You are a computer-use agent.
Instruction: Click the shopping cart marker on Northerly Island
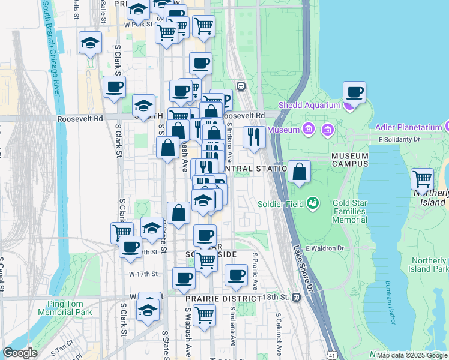coord(423,179)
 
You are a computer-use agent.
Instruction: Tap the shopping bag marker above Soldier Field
coord(299,173)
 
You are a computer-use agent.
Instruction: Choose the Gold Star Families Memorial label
coord(349,212)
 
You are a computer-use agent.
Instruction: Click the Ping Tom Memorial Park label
coord(65,308)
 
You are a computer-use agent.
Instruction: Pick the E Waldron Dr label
coord(324,248)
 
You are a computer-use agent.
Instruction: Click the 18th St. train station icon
coord(295,298)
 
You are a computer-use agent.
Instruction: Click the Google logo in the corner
coord(20,352)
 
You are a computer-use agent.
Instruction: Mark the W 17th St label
coord(143,274)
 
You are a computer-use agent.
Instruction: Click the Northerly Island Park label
coord(430,265)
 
